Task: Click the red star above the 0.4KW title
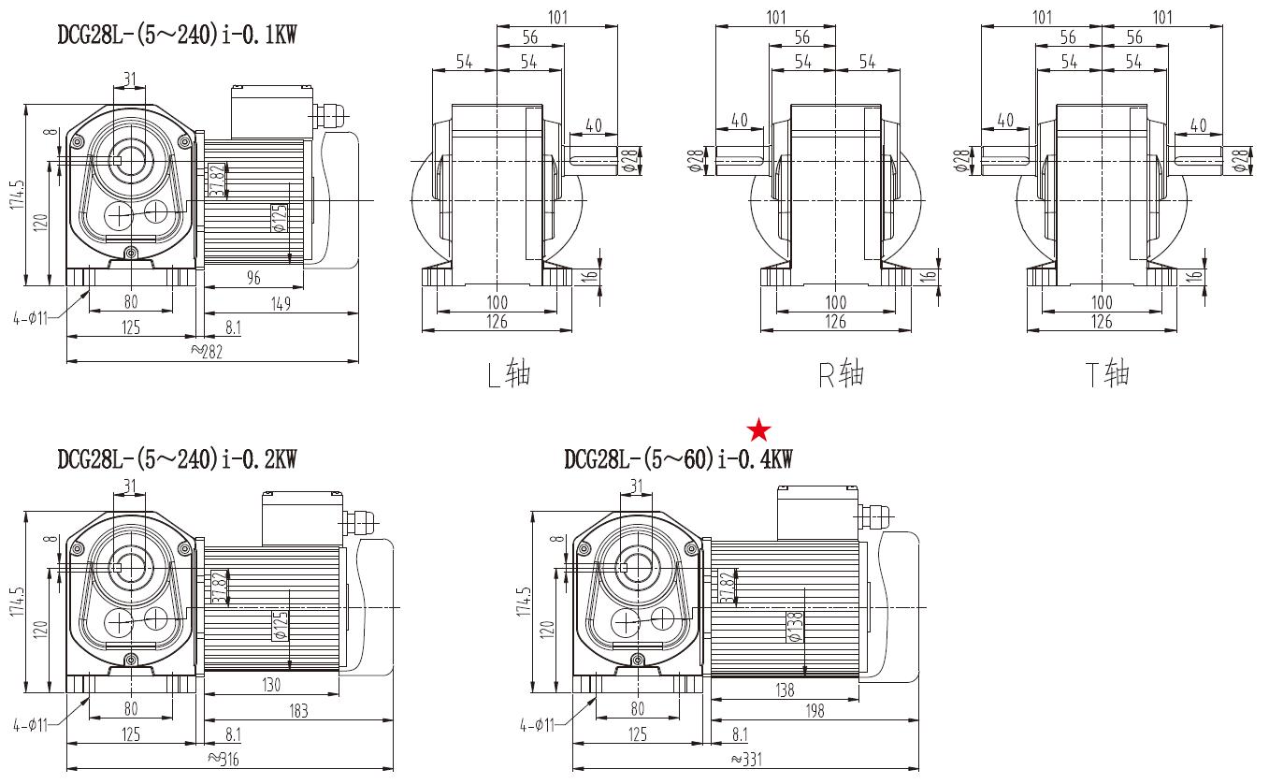pyautogui.click(x=759, y=430)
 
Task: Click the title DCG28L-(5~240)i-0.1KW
pyautogui.click(x=177, y=36)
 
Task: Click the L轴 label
pyautogui.click(x=509, y=373)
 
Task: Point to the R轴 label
pyautogui.click(x=841, y=373)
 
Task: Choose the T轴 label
pyautogui.click(x=1107, y=373)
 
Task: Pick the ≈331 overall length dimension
pyautogui.click(x=745, y=759)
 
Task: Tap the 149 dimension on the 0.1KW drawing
pyautogui.click(x=281, y=303)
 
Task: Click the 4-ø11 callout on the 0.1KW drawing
pyautogui.click(x=31, y=317)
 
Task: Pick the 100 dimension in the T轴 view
pyautogui.click(x=1102, y=301)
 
